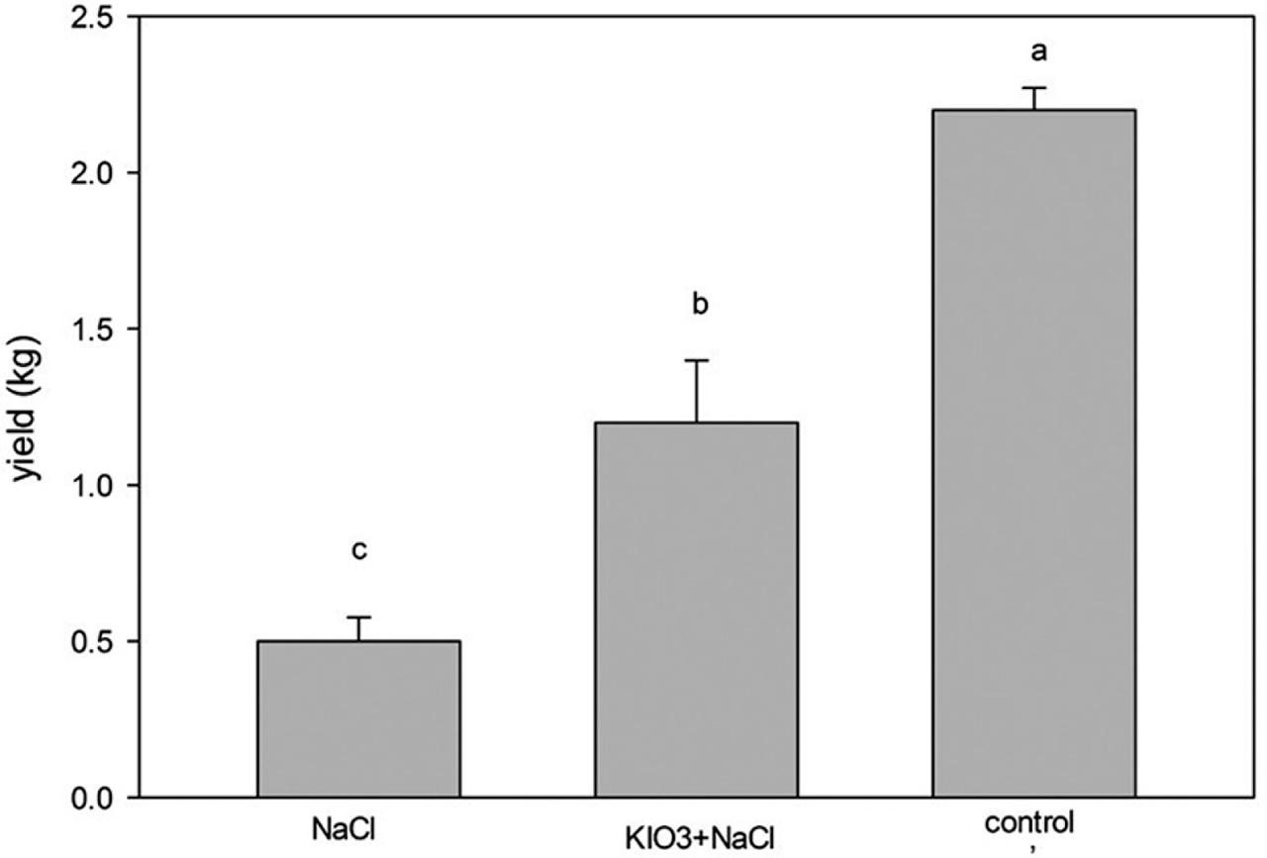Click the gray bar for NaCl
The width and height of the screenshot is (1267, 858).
coord(358,718)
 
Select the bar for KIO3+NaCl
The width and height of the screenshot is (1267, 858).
coord(696,609)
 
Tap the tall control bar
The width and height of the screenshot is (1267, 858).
coord(1033,453)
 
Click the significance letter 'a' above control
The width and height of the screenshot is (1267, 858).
coord(1033,49)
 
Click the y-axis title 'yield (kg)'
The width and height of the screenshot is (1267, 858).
coord(30,406)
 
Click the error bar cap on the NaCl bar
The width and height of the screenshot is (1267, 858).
coord(358,618)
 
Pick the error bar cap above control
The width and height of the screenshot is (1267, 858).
coord(1033,88)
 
